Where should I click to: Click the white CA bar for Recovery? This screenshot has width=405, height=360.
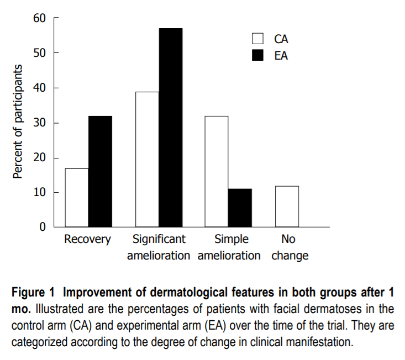coord(77,198)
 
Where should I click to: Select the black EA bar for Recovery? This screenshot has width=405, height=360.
coord(100,171)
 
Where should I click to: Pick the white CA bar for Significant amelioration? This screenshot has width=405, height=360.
coord(147,159)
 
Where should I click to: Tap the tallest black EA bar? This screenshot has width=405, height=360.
coord(170,128)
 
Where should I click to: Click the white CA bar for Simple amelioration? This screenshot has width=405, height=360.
coord(217,171)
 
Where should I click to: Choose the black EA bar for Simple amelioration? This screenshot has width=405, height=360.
coord(240,208)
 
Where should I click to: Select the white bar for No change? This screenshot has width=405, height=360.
coord(286,207)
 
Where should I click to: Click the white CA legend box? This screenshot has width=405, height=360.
coord(257,39)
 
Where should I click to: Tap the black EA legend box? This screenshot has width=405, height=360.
coord(257,55)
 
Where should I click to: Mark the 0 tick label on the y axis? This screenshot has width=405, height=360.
coord(41,227)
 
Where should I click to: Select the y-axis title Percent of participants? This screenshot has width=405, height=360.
coord(18,121)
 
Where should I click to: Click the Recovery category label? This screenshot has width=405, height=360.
coord(88,240)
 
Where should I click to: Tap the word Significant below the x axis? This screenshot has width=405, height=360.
coord(159,240)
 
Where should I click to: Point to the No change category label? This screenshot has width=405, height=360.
coord(289,248)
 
